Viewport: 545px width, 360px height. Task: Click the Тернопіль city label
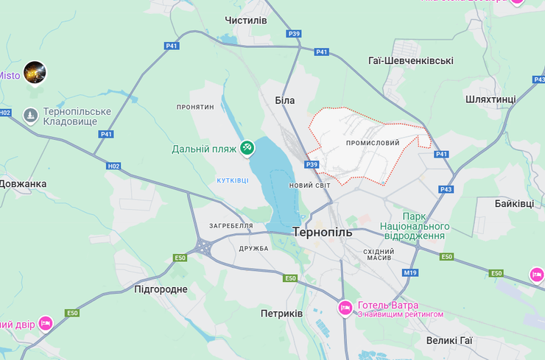tap(323, 232)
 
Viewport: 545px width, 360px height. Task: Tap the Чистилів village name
tap(246, 20)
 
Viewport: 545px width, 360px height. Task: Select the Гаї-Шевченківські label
tap(410, 61)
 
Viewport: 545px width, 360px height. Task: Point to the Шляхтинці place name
tap(491, 99)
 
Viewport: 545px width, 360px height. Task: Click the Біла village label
tap(284, 100)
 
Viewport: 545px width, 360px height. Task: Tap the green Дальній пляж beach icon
tap(247, 148)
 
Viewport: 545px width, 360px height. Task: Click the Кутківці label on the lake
tap(233, 180)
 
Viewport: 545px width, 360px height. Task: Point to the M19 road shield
tap(410, 273)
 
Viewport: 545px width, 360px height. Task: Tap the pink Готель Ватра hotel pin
tap(345, 308)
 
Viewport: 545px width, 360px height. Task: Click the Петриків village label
tap(281, 314)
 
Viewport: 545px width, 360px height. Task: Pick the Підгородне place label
tap(161, 289)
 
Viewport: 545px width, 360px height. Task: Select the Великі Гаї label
tap(449, 341)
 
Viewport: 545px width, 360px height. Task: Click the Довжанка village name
tap(24, 183)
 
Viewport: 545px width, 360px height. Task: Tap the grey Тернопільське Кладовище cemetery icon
tap(30, 115)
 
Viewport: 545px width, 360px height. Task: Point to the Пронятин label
tap(195, 107)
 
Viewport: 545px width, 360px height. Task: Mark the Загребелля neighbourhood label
tap(231, 226)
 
